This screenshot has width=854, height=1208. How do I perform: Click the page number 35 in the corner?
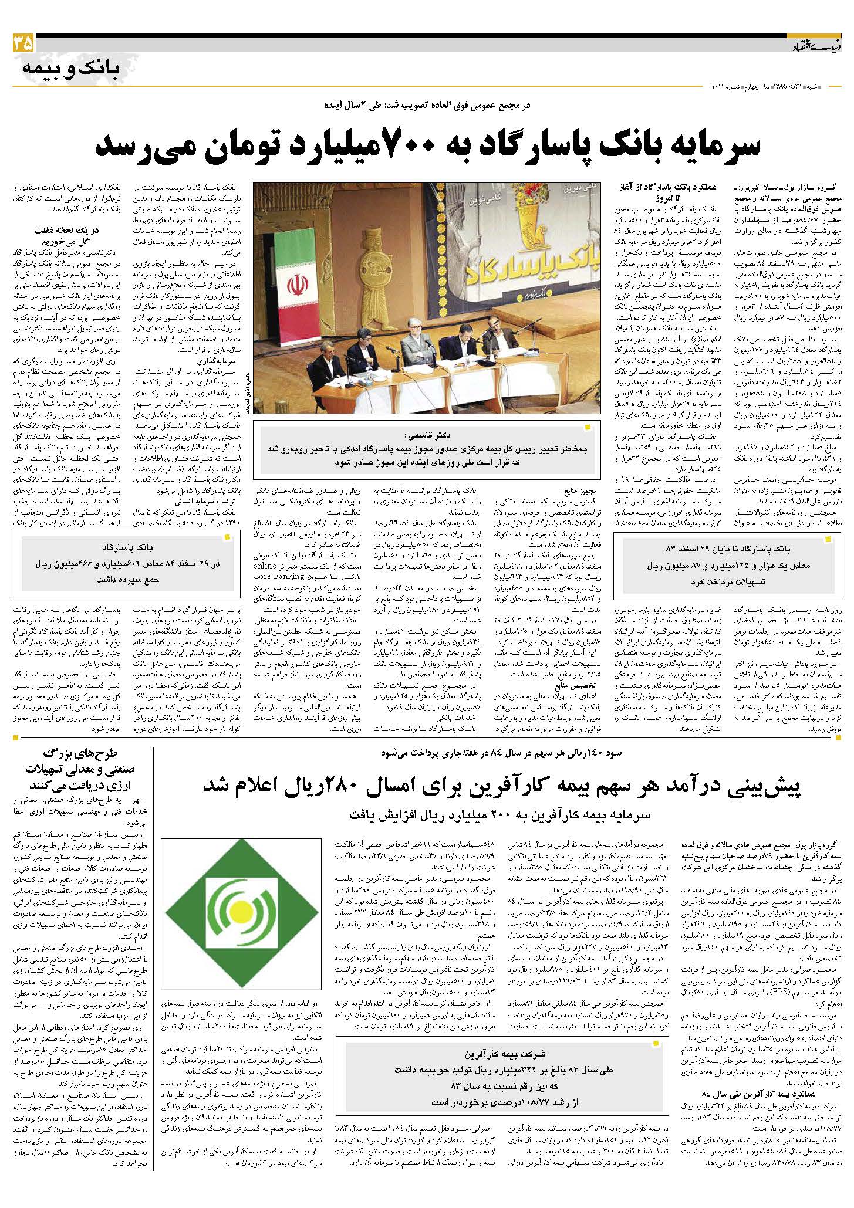tap(22, 44)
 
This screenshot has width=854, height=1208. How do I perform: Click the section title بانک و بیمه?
tap(70, 69)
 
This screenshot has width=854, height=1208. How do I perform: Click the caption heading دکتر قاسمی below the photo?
tap(428, 435)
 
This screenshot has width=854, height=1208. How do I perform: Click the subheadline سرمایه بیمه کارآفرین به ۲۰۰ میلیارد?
tap(499, 816)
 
